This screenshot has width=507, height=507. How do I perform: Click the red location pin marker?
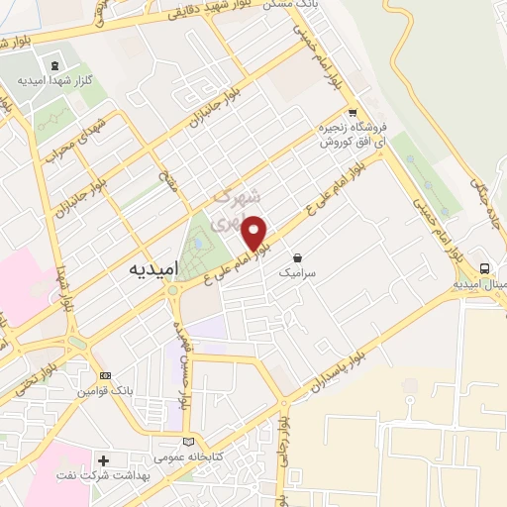pyautogui.click(x=255, y=232)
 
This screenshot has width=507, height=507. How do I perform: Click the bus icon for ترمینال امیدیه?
pyautogui.click(x=484, y=268)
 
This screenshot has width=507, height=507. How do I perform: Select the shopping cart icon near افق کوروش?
pyautogui.click(x=352, y=114)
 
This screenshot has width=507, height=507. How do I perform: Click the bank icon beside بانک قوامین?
pyautogui.click(x=106, y=375)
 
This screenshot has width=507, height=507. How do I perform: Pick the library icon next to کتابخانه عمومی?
pyautogui.click(x=190, y=441)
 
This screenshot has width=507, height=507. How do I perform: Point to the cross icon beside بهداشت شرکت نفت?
pyautogui.click(x=103, y=460)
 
